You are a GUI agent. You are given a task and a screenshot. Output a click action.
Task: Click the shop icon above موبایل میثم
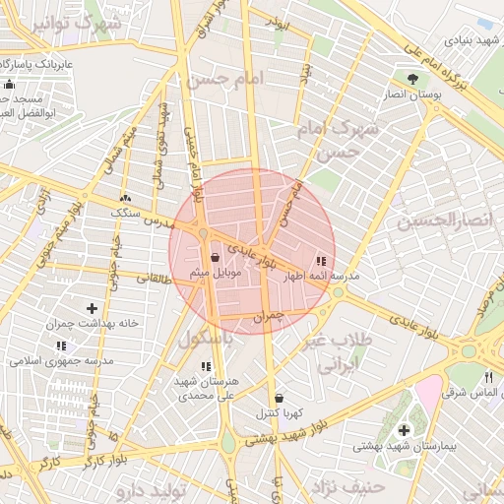pyautogui.click(x=216, y=258)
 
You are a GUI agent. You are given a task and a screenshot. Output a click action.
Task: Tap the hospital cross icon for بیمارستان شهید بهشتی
pyautogui.click(x=405, y=431)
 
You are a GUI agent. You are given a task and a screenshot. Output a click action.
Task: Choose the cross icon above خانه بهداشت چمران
pyautogui.click(x=93, y=309)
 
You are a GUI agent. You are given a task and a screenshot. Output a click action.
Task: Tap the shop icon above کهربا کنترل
pyautogui.click(x=279, y=397)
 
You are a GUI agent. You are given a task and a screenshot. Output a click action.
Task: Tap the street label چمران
pyautogui.click(x=268, y=317)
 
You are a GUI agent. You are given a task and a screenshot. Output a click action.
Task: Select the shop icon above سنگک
pyautogui.click(x=124, y=199)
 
